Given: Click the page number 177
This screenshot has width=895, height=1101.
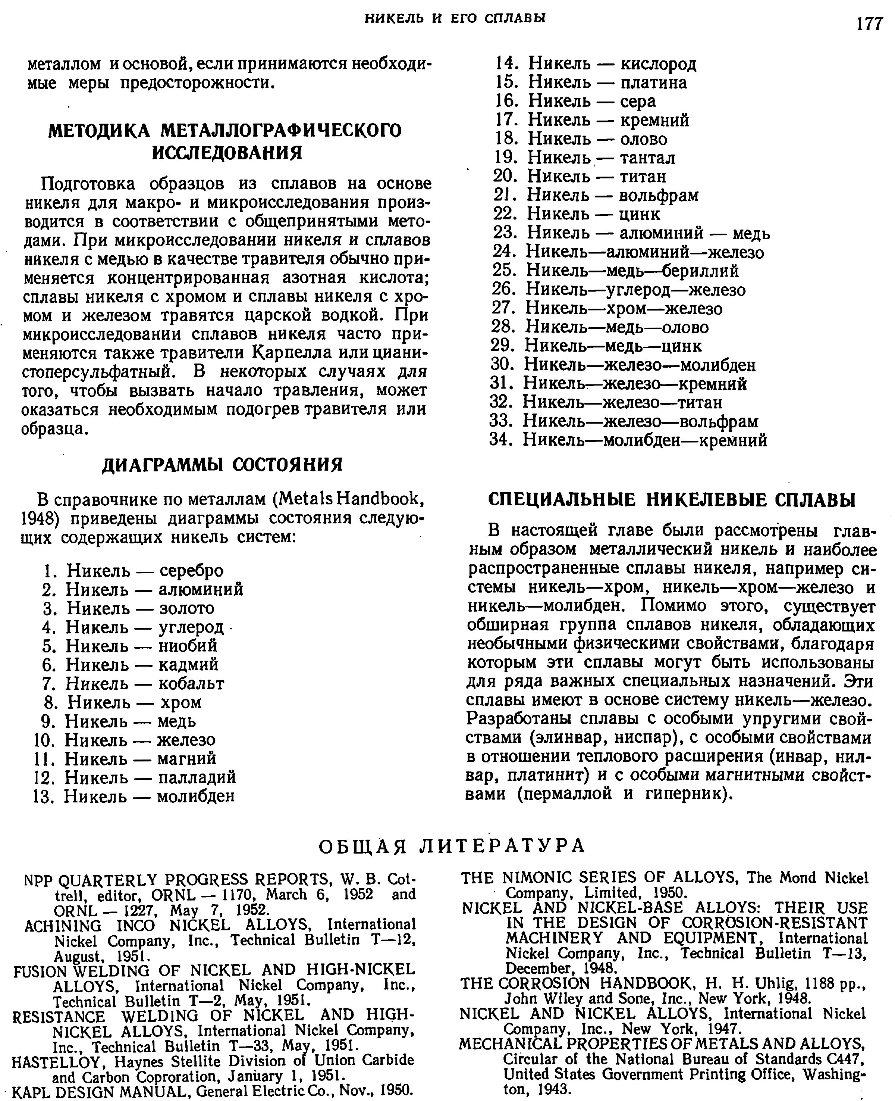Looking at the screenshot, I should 869,24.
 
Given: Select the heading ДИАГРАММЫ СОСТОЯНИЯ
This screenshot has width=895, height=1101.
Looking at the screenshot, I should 222,465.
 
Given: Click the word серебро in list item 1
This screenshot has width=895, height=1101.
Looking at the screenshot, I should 192,571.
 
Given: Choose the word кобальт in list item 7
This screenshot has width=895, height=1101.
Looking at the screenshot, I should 191,684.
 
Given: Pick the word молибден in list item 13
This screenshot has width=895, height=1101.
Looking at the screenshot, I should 196,796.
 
